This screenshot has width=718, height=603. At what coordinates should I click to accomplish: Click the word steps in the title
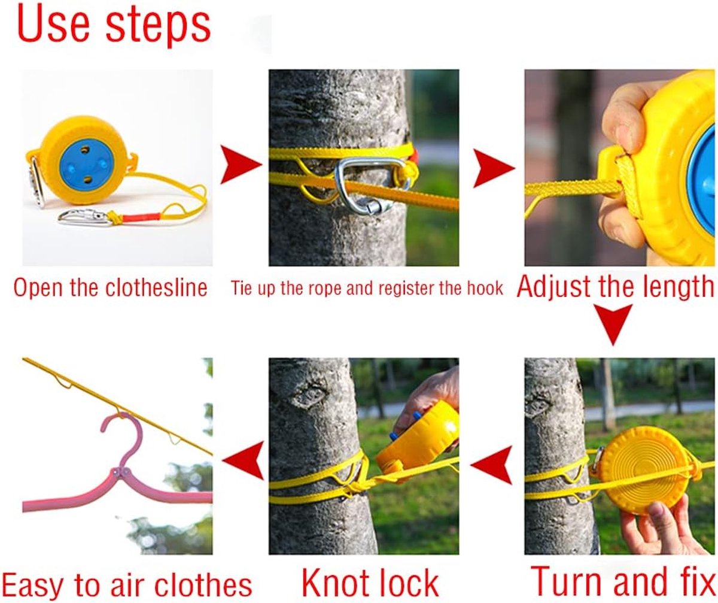point(158,29)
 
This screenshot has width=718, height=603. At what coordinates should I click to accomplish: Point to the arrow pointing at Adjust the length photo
point(494,168)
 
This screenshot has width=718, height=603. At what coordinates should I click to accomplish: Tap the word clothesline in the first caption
point(156,287)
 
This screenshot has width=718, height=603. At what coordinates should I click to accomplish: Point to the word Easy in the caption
point(34,586)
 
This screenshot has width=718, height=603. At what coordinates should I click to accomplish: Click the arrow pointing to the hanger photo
point(243,461)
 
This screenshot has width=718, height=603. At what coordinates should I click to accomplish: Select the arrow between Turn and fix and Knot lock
point(491,465)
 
